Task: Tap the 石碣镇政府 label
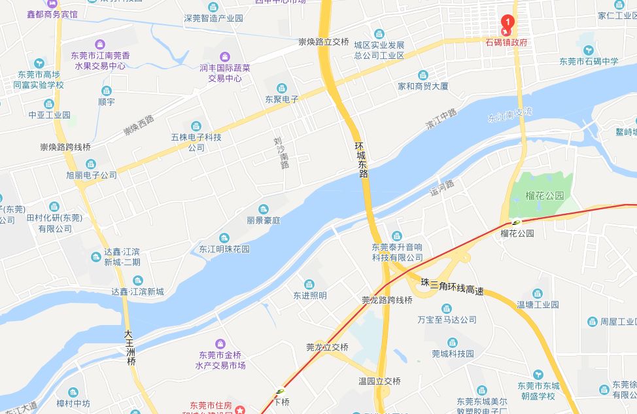(506, 42)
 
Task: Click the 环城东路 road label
(361, 160)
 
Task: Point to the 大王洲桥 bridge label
(131, 347)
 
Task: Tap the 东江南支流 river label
(510, 115)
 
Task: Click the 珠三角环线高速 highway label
(452, 286)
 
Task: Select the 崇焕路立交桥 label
(323, 41)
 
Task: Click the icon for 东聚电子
(281, 88)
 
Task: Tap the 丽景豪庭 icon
(264, 209)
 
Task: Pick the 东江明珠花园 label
(224, 249)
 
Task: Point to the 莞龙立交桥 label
(327, 347)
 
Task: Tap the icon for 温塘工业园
(538, 294)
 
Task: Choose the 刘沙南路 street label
(281, 152)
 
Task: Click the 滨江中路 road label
(441, 118)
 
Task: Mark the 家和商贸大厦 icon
(422, 75)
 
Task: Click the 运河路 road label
(441, 189)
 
